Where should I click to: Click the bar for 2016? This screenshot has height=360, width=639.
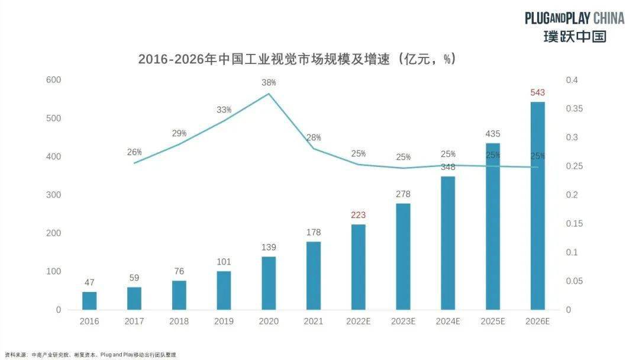pos(89,301)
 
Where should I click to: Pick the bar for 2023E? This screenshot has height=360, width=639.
pos(403,256)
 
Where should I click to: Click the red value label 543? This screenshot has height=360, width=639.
pos(537,92)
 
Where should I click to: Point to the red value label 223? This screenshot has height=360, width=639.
pos(358,215)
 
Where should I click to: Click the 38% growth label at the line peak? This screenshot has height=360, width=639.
pos(269,83)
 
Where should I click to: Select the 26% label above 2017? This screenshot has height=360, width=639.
pos(134,152)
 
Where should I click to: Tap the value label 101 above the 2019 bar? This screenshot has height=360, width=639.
pos(224,262)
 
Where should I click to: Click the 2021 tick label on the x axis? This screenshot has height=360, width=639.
pos(314,322)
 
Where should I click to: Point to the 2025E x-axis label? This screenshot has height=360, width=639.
pos(492,322)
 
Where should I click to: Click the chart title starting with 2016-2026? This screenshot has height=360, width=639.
pos(296,59)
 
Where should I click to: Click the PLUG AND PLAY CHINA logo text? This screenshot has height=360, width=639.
pos(574,18)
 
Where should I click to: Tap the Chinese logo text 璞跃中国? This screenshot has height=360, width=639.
pos(575,36)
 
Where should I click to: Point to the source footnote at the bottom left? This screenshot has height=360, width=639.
pos(90,354)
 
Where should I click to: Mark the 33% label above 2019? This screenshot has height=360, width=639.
pos(224,110)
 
